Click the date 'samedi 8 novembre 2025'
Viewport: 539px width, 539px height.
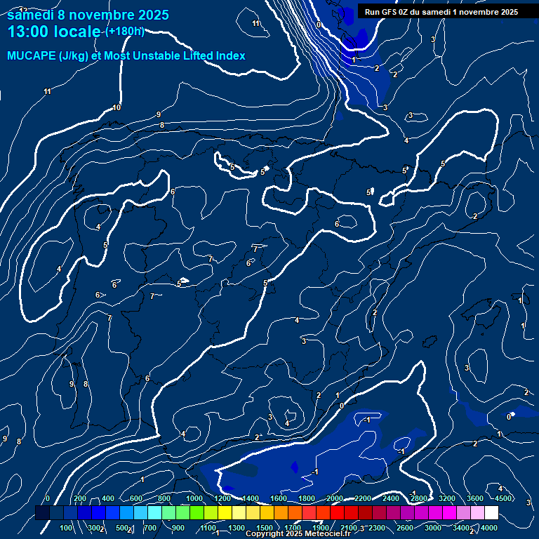88,14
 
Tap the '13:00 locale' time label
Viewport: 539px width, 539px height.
55,32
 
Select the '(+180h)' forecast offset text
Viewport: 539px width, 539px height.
125,32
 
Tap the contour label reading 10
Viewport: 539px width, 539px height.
117,107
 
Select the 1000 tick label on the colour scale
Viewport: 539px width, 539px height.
194,498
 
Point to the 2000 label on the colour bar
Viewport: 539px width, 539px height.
335,498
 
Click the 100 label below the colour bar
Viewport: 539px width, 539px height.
67,528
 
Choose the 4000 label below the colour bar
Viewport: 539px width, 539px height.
489,528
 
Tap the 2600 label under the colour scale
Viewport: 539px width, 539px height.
405,528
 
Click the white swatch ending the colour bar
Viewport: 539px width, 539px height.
491,513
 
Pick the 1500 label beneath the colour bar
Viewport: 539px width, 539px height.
265,528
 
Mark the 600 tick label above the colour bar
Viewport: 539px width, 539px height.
136,498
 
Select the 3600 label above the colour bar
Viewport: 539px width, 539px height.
475,498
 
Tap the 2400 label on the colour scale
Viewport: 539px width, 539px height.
391,498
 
